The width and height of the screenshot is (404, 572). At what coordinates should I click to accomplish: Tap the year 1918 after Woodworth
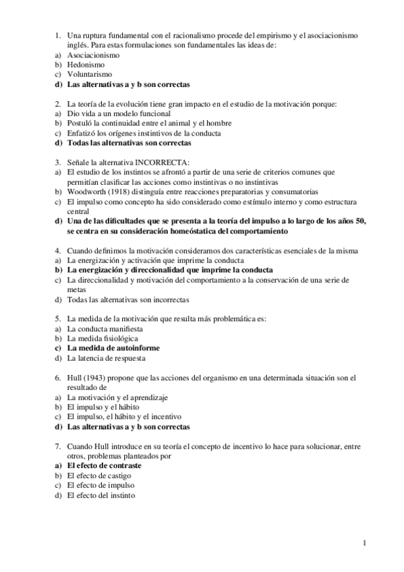(113, 192)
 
